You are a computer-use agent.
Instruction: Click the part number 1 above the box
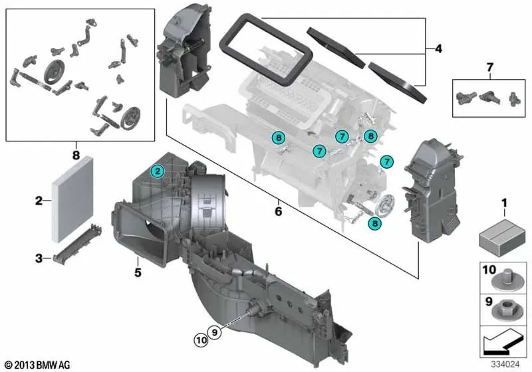pyautogui.click(x=503, y=203)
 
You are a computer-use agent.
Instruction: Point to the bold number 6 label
pyautogui.click(x=278, y=212)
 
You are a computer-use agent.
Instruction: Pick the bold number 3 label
pyautogui.click(x=39, y=258)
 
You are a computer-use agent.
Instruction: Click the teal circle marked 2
pyautogui.click(x=157, y=171)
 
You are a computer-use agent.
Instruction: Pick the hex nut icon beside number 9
pyautogui.click(x=508, y=310)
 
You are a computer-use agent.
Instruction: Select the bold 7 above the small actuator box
pyautogui.click(x=490, y=67)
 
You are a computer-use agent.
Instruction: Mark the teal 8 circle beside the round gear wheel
pyautogui.click(x=376, y=225)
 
